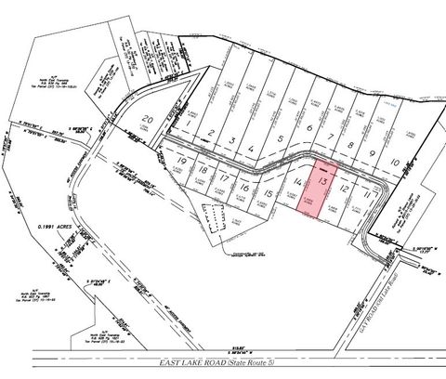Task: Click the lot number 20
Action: pos(149,119)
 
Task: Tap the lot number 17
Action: pos(225,178)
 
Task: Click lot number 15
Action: pos(269,193)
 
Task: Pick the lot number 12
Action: pos(345,188)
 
